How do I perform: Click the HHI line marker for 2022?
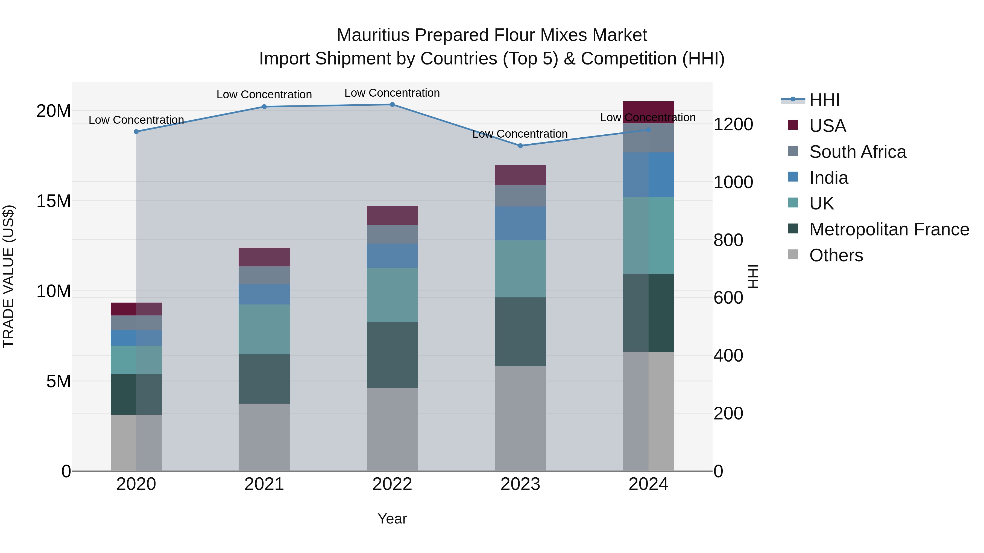(x=392, y=105)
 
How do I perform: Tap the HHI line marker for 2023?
(x=520, y=146)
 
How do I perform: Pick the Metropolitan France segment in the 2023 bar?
(x=520, y=331)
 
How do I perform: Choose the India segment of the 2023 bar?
(x=520, y=223)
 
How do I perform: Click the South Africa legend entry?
(x=857, y=152)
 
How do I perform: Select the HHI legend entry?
(x=824, y=100)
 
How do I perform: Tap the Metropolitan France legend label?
(x=889, y=229)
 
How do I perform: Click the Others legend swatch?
(x=793, y=255)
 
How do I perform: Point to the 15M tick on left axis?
(x=54, y=201)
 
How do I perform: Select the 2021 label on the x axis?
(x=264, y=484)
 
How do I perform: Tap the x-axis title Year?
(x=392, y=519)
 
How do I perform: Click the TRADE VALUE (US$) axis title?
(x=8, y=276)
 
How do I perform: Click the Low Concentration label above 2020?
(x=136, y=120)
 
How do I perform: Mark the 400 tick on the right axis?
(x=728, y=356)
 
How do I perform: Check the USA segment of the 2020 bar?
(x=136, y=309)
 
